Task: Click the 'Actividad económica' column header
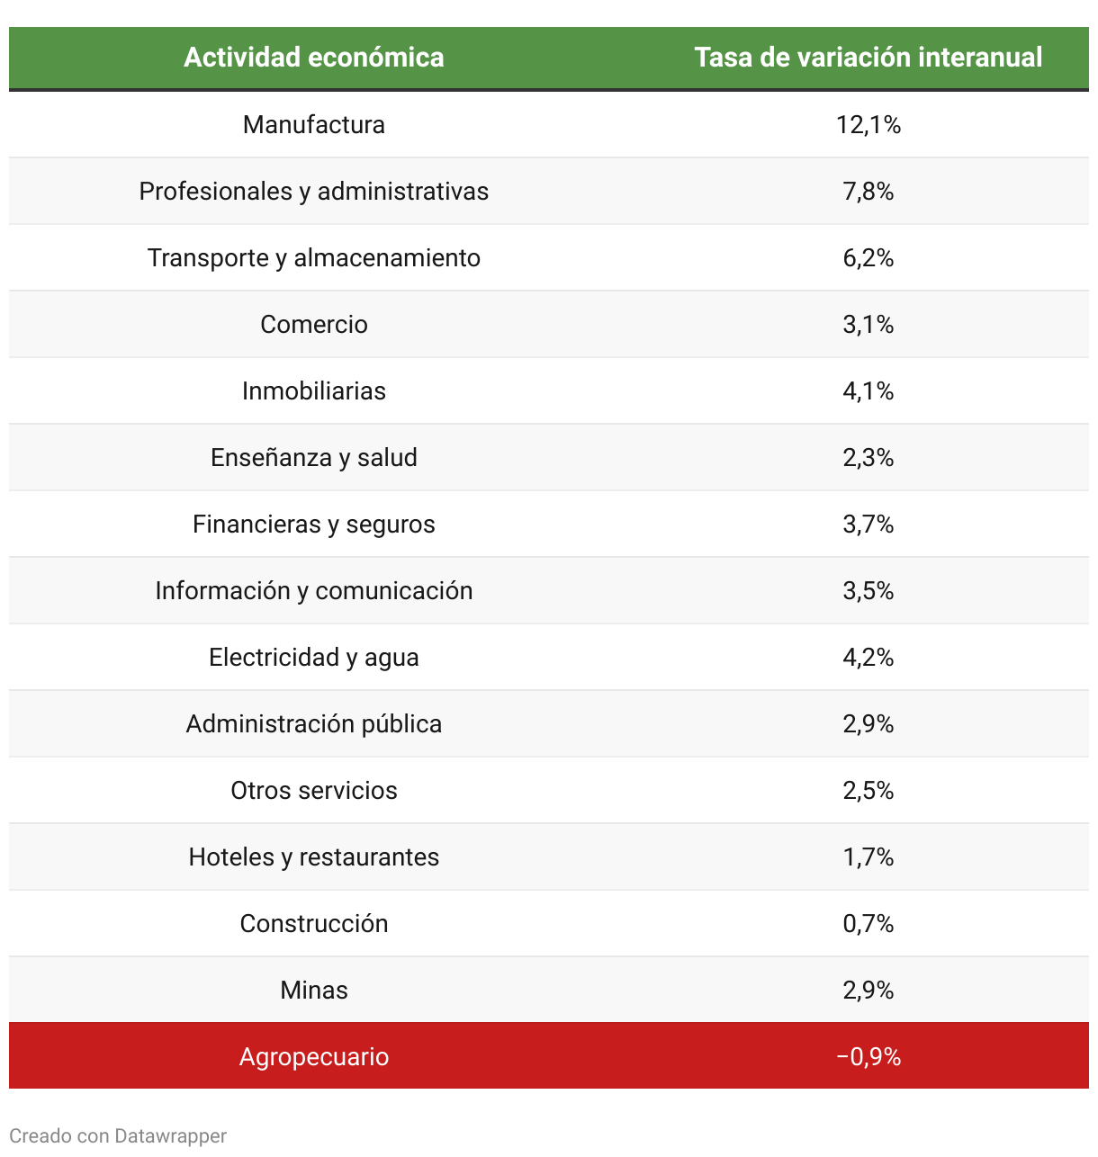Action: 313,58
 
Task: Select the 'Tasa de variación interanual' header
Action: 868,58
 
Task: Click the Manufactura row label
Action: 313,124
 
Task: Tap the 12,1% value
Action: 868,124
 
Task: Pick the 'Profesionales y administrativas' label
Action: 313,191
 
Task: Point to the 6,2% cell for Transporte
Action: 868,257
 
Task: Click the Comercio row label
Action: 313,324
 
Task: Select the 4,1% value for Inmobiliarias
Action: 868,390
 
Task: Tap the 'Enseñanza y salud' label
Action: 313,457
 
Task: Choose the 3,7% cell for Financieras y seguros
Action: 868,524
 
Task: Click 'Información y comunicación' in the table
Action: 313,590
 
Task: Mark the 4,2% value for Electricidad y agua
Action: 868,657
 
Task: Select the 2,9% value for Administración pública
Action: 868,723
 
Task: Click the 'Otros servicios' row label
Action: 313,790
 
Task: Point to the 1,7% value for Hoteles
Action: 868,857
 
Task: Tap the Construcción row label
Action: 313,923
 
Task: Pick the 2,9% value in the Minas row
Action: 868,990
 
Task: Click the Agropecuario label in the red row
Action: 313,1056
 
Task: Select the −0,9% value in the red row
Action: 868,1056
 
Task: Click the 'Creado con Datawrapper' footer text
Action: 118,1135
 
